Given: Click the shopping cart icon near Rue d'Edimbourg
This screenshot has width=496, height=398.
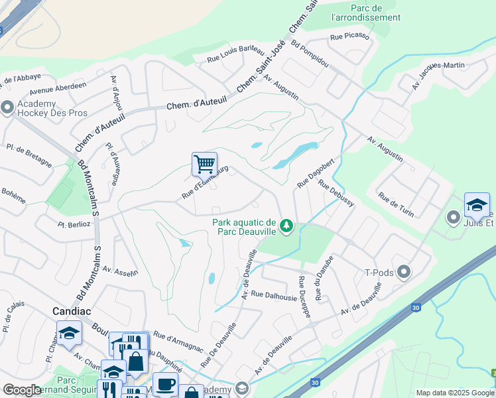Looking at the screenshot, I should pos(205,163).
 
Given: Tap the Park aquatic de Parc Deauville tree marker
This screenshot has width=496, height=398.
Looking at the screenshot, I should pos(286,227).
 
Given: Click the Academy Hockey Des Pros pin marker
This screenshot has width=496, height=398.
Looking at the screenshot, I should pos(7,107).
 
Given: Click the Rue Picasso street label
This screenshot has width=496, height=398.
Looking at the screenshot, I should pos(349,36).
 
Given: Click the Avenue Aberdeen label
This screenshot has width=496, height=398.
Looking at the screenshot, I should pos(58,87).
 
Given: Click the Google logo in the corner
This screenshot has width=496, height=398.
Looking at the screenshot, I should pos(22,391).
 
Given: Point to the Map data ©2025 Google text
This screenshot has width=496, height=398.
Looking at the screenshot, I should pos(454,393).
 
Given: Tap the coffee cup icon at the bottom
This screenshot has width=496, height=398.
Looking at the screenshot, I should pos(165,383).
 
